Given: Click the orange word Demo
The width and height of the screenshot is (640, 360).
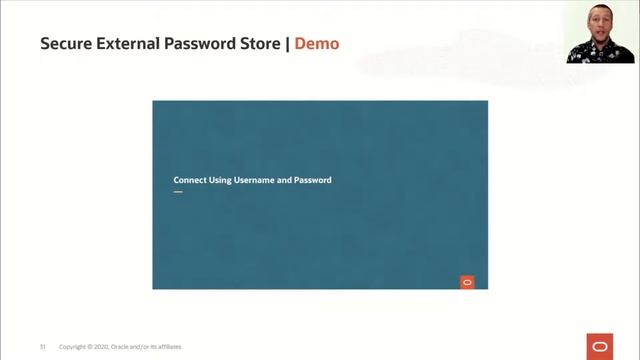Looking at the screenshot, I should coord(317,44).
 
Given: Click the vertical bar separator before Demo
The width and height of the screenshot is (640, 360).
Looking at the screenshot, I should coord(288,44).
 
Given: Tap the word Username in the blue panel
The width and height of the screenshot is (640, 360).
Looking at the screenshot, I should coord(255,180).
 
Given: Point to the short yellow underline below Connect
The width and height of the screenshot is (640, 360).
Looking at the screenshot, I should coord(178,191).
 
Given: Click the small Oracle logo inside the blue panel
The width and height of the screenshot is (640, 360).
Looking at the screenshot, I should coord(467,282).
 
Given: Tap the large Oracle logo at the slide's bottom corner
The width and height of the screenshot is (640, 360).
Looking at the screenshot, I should coord(600,345).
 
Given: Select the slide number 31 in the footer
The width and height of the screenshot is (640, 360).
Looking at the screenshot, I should coord(43,347).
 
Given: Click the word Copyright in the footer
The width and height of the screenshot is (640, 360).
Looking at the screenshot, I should coord(73,347).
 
